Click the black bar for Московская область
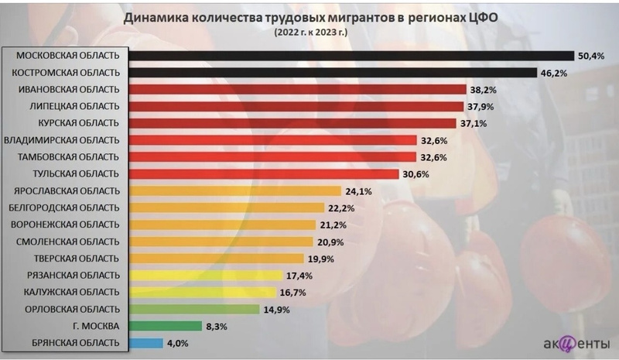tap(348, 56)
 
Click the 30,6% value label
tap(416, 174)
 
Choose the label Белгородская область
tap(63, 207)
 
